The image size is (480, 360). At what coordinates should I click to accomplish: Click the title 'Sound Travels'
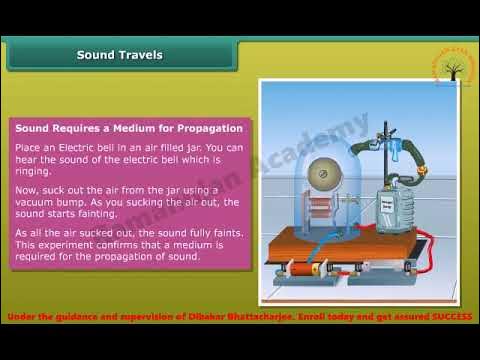[119, 55]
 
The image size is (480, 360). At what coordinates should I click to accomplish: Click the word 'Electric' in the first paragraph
[93, 147]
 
